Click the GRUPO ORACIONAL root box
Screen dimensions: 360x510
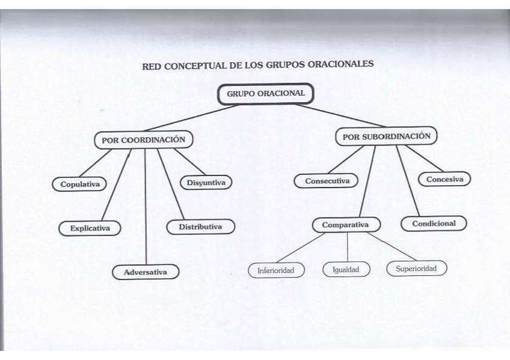[266, 94]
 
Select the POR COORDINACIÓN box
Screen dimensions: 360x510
[143, 140]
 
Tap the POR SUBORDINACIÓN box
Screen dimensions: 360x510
[386, 137]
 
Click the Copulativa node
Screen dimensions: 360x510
[79, 185]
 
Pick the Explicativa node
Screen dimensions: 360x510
[90, 228]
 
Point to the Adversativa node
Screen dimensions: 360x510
[147, 272]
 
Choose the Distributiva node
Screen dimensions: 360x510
[200, 227]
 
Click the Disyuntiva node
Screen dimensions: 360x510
[206, 182]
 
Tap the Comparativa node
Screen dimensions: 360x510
[346, 225]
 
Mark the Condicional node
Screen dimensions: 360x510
[434, 224]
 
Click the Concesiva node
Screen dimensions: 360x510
[444, 179]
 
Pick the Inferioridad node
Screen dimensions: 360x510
[276, 270]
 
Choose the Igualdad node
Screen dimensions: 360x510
[345, 270]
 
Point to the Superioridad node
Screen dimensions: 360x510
[416, 269]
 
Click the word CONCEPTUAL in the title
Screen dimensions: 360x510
[194, 66]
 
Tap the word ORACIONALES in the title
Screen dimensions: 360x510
[337, 63]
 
